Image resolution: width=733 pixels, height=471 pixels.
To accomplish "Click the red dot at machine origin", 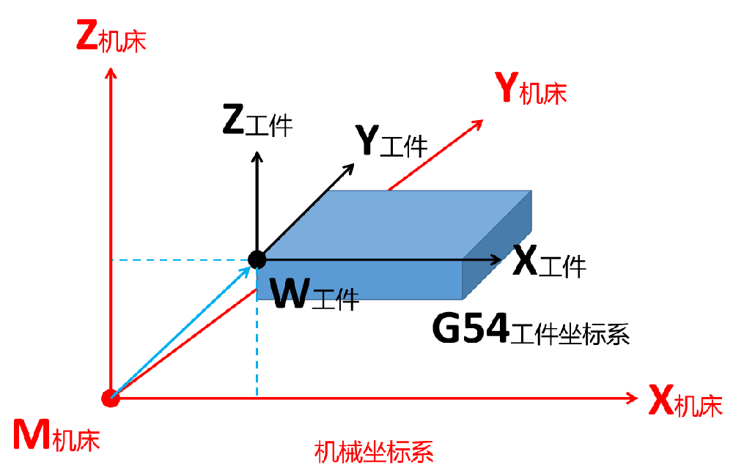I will [110, 398].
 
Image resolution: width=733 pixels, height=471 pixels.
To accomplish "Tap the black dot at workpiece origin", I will [257, 259].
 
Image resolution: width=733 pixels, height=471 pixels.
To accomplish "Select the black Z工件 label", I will [257, 123].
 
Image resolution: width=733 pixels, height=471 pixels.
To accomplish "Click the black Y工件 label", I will [391, 140].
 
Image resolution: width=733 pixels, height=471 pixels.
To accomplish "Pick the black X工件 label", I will [549, 262].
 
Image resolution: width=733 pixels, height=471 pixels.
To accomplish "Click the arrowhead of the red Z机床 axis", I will [110, 72].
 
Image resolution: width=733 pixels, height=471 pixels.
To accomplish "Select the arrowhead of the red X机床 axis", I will [633, 398].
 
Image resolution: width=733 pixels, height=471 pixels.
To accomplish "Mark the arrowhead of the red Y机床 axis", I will [479, 122].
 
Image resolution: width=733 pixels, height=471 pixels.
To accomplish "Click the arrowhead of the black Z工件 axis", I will [257, 155].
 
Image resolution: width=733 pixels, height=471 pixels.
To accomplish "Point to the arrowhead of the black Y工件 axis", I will [350, 167].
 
